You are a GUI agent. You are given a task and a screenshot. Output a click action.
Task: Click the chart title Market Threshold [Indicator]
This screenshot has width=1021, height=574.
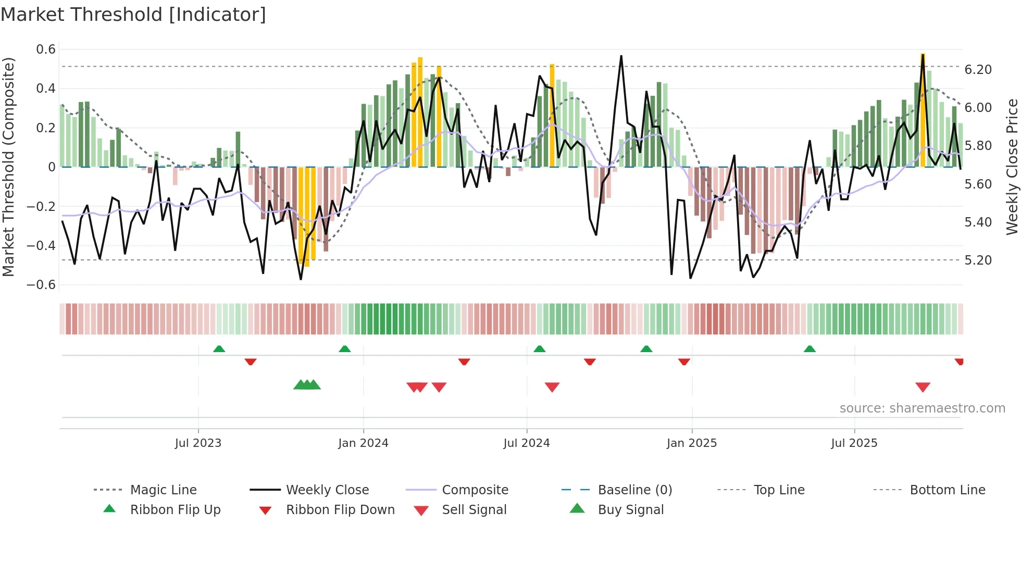[133, 15]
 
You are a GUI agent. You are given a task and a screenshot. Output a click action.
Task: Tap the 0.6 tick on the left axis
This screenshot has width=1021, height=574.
[46, 49]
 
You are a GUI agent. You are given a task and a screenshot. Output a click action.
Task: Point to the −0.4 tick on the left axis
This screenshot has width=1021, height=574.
[41, 245]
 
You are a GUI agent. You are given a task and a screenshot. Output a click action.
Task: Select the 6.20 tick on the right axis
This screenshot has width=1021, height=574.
[978, 70]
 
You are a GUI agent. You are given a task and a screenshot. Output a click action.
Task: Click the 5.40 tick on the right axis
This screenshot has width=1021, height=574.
[978, 222]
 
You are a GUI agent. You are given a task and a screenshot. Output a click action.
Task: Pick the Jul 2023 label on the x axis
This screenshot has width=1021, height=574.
[198, 443]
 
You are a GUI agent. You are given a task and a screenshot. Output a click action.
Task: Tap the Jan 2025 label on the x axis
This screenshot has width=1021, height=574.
[691, 443]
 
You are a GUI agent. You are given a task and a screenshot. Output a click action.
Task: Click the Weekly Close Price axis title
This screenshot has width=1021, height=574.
[1012, 167]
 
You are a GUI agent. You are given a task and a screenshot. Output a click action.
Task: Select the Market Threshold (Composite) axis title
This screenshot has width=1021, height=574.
[8, 167]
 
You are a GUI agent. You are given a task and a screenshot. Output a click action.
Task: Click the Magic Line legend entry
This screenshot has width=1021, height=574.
[163, 490]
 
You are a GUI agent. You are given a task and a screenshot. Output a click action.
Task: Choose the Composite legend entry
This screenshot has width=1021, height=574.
[475, 490]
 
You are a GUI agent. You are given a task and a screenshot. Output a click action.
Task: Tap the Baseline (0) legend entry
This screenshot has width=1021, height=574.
[634, 490]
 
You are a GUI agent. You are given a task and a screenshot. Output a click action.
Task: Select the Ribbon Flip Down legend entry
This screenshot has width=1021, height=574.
[340, 510]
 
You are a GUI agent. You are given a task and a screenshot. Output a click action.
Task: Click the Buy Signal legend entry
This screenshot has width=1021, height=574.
[630, 510]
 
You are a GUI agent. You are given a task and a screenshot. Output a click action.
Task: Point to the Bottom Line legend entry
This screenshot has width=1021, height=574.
[947, 490]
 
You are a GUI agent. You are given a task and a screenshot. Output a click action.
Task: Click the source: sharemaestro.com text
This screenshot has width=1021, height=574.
[922, 408]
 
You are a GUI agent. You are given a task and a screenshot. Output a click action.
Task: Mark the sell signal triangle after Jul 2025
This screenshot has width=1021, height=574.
[923, 387]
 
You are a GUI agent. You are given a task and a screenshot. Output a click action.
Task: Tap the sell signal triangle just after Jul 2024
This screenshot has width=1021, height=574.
[552, 387]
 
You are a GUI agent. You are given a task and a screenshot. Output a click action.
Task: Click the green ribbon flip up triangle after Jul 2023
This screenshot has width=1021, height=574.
[219, 349]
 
